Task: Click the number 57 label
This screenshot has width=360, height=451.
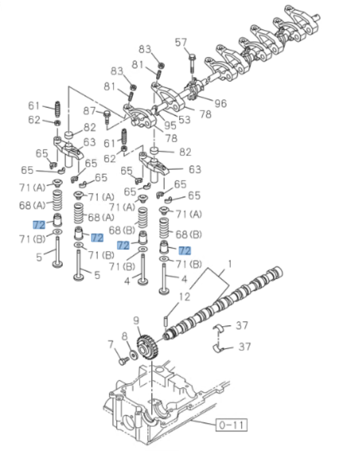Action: point(181,43)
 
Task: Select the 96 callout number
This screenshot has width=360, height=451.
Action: point(220,103)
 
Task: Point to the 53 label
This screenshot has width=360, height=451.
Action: point(184,120)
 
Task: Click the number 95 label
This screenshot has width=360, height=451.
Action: point(170,126)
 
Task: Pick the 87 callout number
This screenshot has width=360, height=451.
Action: point(89,111)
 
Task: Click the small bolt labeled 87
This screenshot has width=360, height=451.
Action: point(107,117)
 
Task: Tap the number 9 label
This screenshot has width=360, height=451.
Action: point(136,321)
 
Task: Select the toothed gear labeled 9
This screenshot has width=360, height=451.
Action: point(147,348)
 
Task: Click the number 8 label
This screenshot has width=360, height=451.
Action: point(125,336)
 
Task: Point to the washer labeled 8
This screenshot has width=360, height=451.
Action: point(134,354)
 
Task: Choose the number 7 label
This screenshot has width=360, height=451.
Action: point(111,344)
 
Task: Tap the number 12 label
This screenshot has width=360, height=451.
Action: point(184,297)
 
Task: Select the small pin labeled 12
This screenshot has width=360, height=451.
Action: point(165,321)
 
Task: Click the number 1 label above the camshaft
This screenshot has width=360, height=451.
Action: point(229,264)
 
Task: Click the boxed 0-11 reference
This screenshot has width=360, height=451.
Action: point(232,424)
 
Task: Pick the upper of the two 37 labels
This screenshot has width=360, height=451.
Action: point(242,325)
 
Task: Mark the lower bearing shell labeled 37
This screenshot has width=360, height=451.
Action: point(220,348)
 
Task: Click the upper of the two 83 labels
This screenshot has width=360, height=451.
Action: point(145,49)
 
